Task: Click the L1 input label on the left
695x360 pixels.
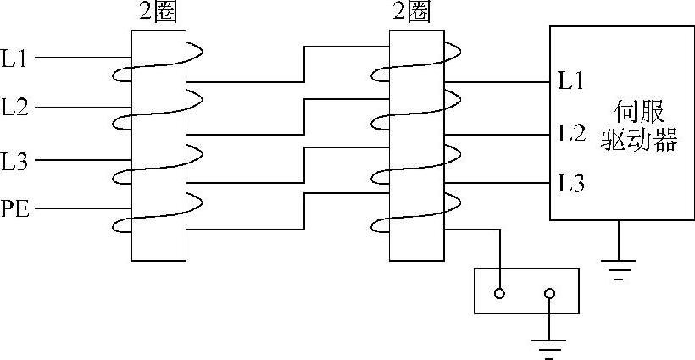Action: pos(15,59)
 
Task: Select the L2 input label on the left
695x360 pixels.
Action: pos(15,108)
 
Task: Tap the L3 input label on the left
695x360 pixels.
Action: pos(15,160)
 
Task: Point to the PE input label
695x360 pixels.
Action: pos(15,208)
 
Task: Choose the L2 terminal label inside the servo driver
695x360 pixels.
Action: pos(571,133)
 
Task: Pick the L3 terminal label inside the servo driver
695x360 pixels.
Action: pos(571,183)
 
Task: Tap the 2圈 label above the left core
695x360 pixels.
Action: pos(158,14)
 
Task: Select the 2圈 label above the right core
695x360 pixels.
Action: pos(415,14)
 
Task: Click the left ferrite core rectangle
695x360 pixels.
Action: pos(158,144)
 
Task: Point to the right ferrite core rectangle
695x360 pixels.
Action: pos(416,144)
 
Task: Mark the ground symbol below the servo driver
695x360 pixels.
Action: pos(620,268)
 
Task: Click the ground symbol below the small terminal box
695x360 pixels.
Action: pos(549,346)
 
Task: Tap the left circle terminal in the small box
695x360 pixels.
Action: pos(500,294)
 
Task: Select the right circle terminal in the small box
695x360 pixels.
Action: pos(549,294)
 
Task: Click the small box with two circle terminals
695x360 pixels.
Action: pos(525,291)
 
